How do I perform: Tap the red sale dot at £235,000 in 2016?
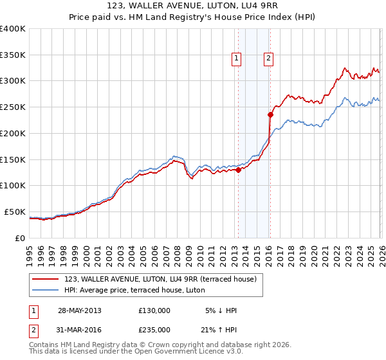coord(270,115)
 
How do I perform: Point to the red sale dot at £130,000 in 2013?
coord(238,170)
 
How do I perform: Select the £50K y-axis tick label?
coord(15,212)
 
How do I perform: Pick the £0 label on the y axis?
coord(20,238)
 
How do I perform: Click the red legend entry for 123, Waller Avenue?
coord(161,278)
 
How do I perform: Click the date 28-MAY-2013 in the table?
coord(79,310)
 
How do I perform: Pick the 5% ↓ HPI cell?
coord(220,310)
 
